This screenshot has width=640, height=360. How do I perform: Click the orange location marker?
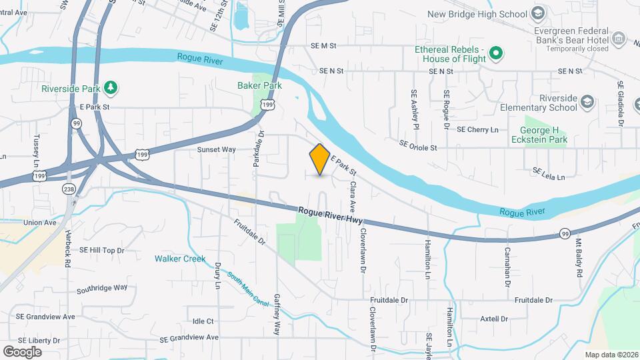(x=320, y=159)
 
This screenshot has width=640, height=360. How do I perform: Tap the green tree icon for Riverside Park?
(x=111, y=87)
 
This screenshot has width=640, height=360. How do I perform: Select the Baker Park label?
(x=259, y=85)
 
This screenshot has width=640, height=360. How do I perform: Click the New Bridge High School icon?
(x=537, y=14)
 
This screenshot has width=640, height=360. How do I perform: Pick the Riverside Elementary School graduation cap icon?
(x=587, y=102)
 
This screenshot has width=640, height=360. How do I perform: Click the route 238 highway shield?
(x=68, y=189)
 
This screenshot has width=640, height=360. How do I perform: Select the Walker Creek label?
(x=180, y=259)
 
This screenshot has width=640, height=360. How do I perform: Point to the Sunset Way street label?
(x=216, y=150)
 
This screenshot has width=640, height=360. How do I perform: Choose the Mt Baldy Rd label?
(x=578, y=259)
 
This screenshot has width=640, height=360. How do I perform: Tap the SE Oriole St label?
(x=418, y=145)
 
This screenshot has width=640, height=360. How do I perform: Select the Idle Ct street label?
(x=202, y=321)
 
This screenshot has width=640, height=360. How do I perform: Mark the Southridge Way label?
(x=101, y=288)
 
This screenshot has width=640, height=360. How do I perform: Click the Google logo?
(x=22, y=352)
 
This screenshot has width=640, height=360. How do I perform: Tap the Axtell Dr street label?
(x=494, y=319)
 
